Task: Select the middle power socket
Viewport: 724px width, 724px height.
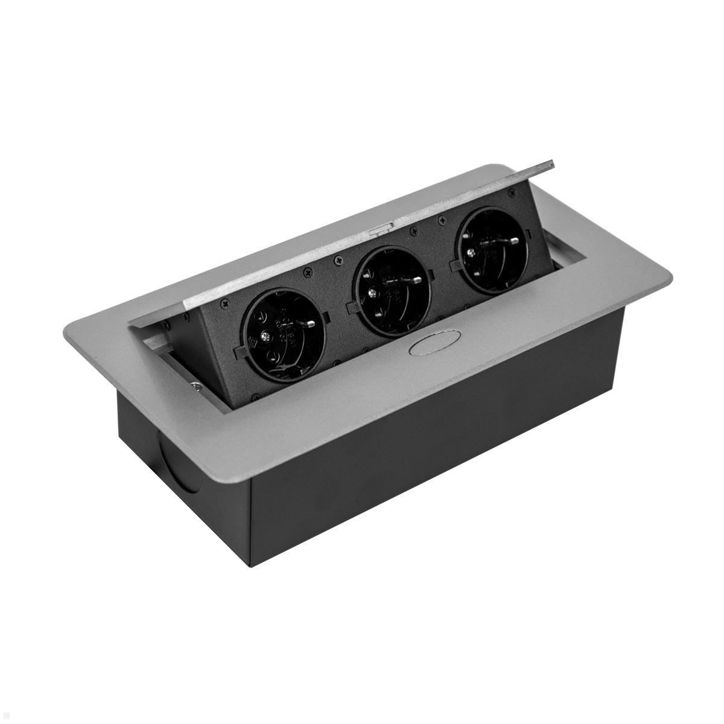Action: click(x=392, y=284)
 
